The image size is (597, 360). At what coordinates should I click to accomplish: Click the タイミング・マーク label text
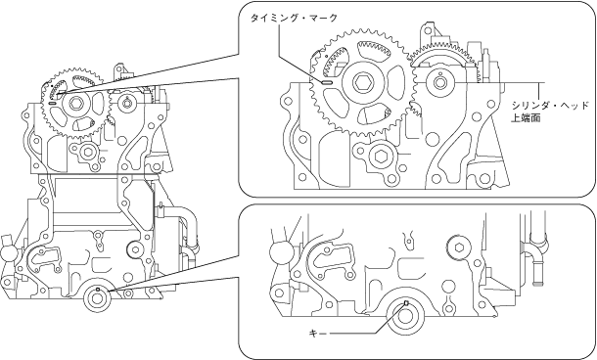click(294, 18)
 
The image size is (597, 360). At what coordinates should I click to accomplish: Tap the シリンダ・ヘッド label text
click(550, 106)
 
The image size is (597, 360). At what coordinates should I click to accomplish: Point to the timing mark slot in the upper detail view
click(327, 82)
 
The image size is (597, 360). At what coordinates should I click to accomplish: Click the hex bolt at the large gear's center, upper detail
click(361, 82)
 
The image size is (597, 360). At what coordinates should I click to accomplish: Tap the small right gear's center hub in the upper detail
click(440, 82)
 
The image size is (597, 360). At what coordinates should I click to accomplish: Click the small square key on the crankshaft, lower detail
click(406, 303)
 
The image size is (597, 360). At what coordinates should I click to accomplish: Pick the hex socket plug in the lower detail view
click(458, 247)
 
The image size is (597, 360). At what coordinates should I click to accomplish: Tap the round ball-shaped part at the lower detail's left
click(279, 252)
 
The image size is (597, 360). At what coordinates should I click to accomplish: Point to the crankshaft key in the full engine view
click(98, 290)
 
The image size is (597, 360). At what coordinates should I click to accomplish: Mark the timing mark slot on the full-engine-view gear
click(53, 102)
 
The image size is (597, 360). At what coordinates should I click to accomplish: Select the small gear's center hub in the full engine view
click(125, 103)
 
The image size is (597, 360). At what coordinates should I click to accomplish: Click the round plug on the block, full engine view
click(134, 248)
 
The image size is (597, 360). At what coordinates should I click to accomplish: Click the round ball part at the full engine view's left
click(7, 254)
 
